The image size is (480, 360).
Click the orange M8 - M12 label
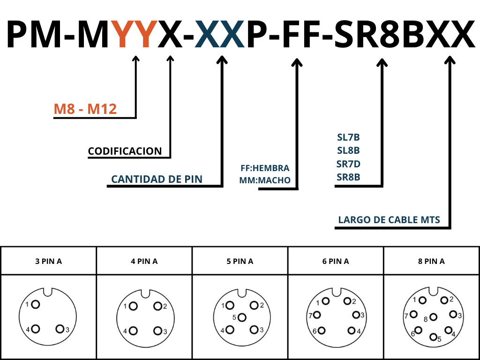pyautogui.click(x=85, y=109)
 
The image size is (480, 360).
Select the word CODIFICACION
pyautogui.click(x=125, y=151)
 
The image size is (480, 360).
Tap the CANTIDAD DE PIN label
pyautogui.click(x=157, y=179)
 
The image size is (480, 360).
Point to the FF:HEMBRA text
pyautogui.click(x=265, y=168)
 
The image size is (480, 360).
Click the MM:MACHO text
pyautogui.click(x=265, y=180)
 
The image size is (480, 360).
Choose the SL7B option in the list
pyautogui.click(x=348, y=138)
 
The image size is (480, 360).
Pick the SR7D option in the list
pyautogui.click(x=348, y=164)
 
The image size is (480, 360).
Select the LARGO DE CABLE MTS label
pyautogui.click(x=389, y=220)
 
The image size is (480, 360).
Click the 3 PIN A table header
pyautogui.click(x=48, y=261)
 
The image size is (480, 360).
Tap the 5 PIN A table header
pyautogui.click(x=240, y=261)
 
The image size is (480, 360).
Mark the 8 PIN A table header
pyautogui.click(x=431, y=261)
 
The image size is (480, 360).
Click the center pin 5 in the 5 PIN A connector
pyautogui.click(x=242, y=317)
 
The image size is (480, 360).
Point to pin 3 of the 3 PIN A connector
pyautogui.click(x=60, y=329)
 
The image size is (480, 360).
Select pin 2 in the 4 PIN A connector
pyautogui.click(x=157, y=306)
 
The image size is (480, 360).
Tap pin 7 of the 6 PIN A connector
pyautogui.click(x=317, y=315)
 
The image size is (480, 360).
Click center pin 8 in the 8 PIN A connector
pyautogui.click(x=434, y=318)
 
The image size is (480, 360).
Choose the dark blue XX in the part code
pyautogui.click(x=220, y=34)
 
